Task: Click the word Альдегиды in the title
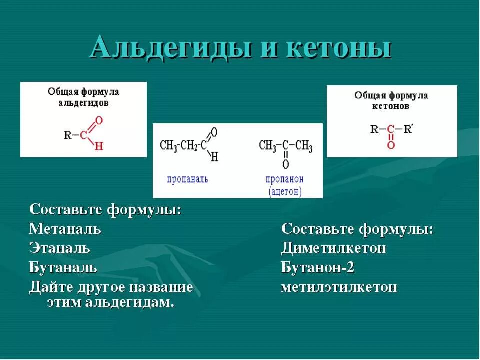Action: [170, 48]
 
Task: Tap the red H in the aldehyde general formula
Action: [99, 146]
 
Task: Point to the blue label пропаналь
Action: [188, 179]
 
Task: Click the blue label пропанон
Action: [285, 179]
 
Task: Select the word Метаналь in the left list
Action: [65, 229]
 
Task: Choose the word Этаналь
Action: [60, 248]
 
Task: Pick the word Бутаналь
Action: [63, 267]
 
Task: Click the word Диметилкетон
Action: [333, 248]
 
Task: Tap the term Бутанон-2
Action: [317, 267]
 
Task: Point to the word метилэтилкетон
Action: [339, 287]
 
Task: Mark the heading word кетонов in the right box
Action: [391, 106]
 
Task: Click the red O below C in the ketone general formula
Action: [391, 145]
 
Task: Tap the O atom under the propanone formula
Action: [285, 164]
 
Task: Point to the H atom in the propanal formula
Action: [215, 157]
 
